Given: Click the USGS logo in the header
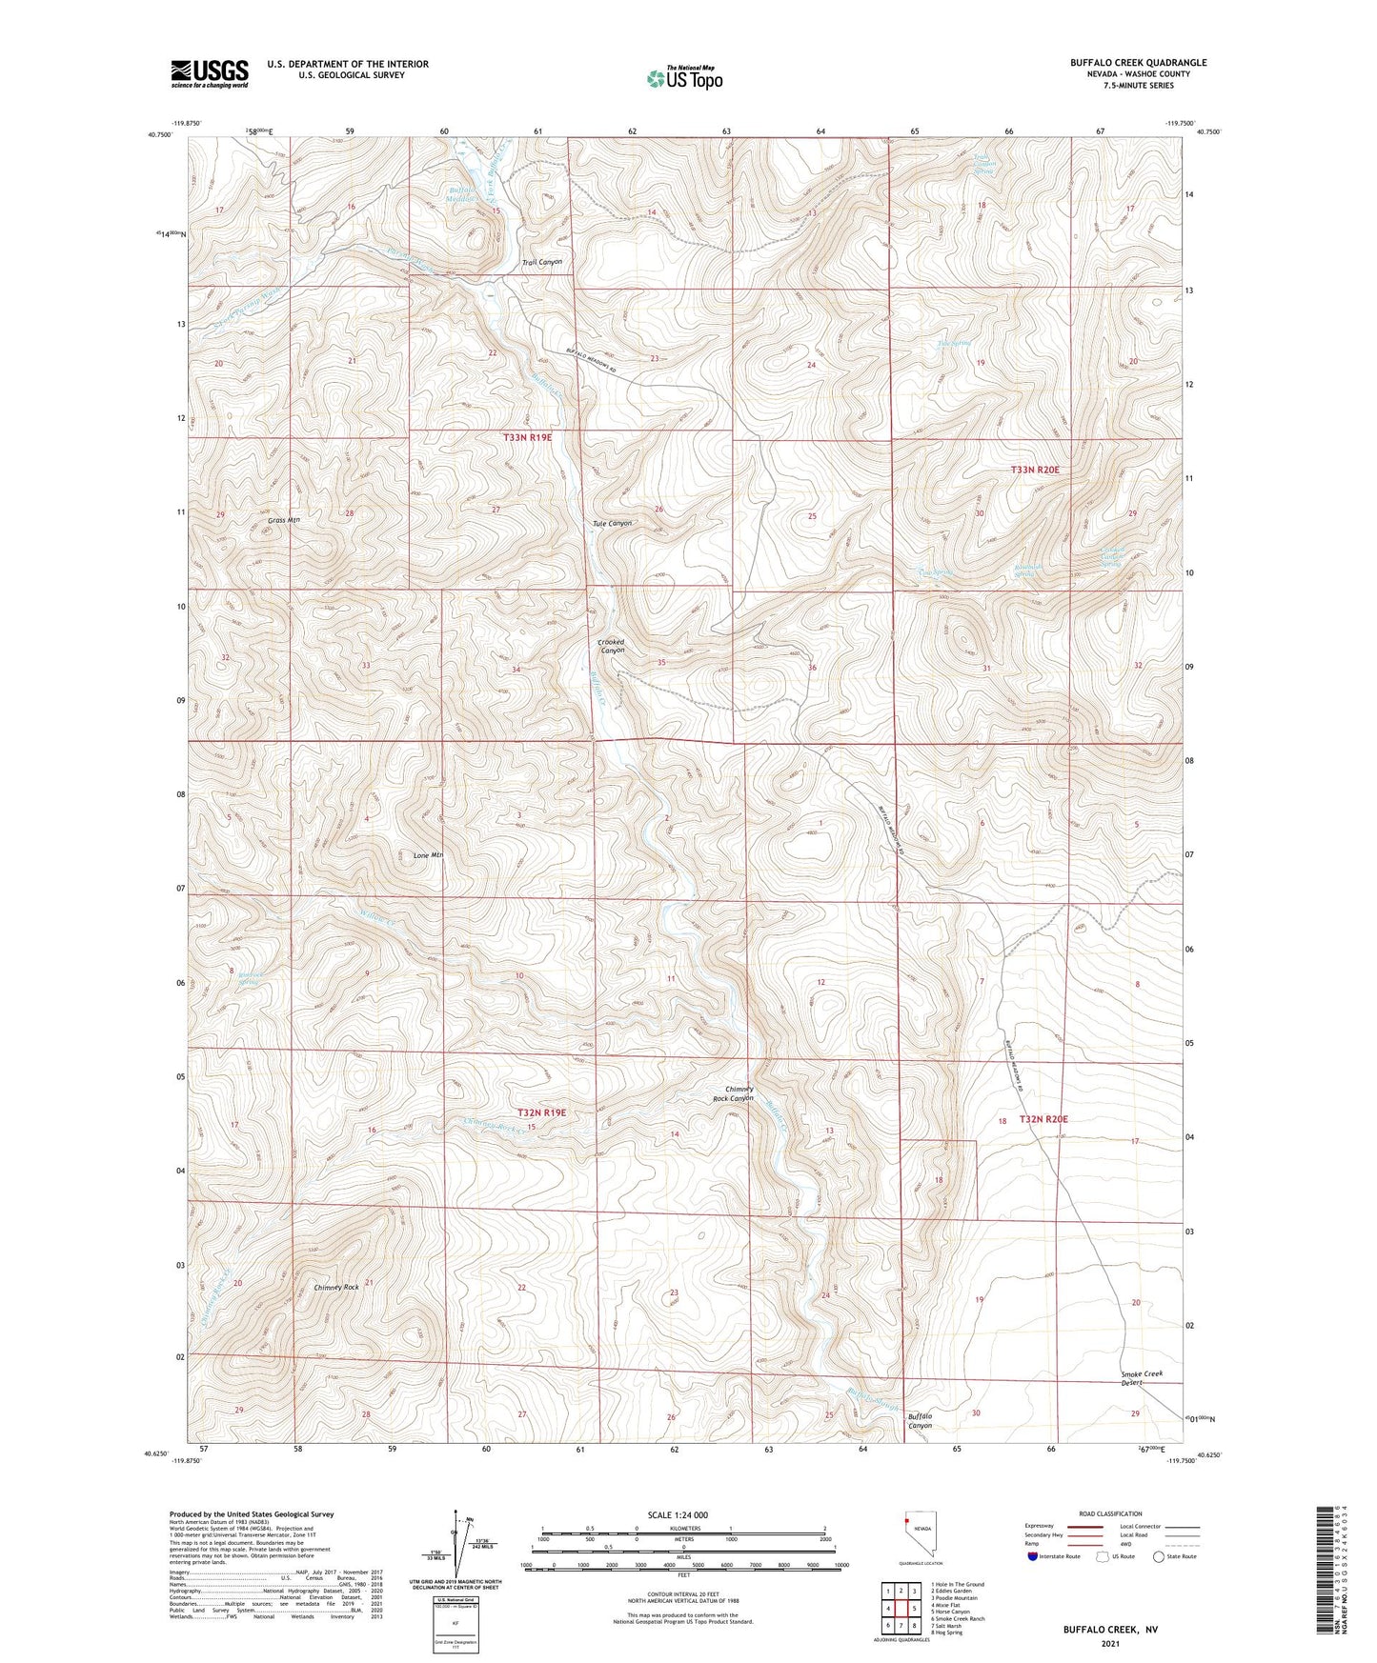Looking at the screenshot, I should coord(210,72).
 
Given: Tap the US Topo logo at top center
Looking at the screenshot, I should coord(684,78).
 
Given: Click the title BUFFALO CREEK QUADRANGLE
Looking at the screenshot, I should coord(1138,63).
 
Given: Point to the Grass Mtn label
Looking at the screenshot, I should coord(284,520).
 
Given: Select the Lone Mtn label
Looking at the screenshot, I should coord(428,855).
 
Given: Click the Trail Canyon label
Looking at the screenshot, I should coord(542,262).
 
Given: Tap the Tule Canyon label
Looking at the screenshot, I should coord(612,524).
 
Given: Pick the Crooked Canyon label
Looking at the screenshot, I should coord(611,645).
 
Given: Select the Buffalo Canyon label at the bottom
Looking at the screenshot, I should coord(920,1421).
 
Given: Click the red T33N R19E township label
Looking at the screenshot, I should coord(527,437).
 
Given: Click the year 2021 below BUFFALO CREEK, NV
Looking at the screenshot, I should coord(1110,1644).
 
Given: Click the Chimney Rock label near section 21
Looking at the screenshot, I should coord(336,1288).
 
